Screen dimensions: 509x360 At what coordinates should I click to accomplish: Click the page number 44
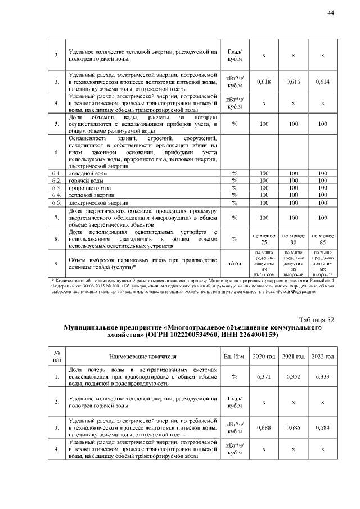pos(331,13)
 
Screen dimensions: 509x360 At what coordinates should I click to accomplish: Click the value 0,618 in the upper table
pos(264,82)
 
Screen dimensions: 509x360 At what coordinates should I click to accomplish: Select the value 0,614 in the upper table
pos(322,82)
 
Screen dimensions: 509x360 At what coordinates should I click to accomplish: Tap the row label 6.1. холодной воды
pos(84,173)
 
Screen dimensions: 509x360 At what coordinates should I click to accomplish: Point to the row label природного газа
pos(87,187)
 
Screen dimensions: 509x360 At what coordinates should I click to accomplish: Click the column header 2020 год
pos(264,356)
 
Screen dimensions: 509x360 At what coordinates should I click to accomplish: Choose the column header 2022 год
pos(322,356)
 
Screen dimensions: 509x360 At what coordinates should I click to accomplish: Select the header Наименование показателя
pos(142,356)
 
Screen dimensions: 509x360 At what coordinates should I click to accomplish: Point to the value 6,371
pos(264,376)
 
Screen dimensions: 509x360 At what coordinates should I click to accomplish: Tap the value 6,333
pos(322,376)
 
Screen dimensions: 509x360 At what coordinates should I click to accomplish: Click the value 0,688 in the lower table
pos(264,427)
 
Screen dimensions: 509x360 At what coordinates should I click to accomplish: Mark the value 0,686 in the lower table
pos(293,427)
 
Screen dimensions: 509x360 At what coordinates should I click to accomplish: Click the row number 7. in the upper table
pos(56,217)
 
